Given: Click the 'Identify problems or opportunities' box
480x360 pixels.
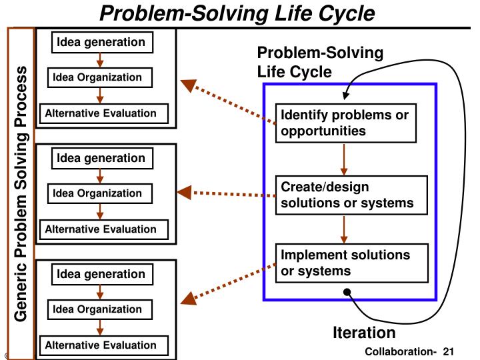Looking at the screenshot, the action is pos(346,123).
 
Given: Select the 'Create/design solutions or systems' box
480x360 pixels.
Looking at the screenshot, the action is pos(351,195).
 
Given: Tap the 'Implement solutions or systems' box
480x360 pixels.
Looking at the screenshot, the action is pos(352,263).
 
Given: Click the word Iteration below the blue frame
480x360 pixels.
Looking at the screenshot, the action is pos(364,333).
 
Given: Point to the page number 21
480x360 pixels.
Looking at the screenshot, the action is pos(448,351).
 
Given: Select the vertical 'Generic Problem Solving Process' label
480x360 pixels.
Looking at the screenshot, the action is pos(21,193).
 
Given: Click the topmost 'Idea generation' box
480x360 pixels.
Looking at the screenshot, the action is pos(102,42).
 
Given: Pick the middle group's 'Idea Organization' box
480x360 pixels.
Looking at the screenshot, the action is pos(100,193).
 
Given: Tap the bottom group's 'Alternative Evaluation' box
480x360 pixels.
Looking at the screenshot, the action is pos(104,345).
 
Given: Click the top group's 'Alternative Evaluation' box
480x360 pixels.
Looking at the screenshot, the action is pos(104,113).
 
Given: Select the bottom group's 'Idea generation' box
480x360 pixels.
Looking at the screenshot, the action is pos(102,274).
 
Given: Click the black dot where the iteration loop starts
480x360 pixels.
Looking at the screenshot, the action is pos(347,292).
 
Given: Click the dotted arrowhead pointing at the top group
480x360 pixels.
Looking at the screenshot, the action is pos(188,85).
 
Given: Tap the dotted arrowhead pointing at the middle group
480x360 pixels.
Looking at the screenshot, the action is pos(185,193).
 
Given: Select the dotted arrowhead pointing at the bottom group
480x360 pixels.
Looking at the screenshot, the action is pos(189,299).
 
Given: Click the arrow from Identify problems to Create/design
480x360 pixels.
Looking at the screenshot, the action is pos(344,159).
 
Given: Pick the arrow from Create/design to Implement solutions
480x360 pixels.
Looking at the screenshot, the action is pos(344,229).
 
